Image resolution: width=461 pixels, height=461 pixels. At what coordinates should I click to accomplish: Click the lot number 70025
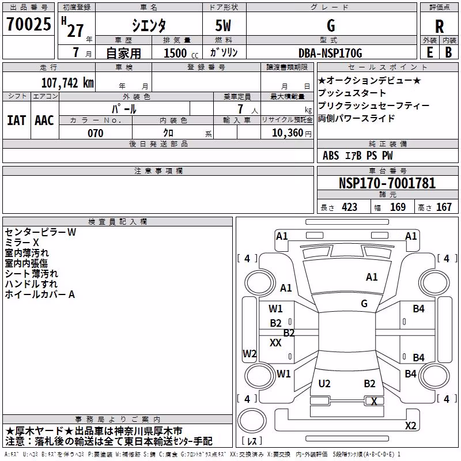[x=28, y=24]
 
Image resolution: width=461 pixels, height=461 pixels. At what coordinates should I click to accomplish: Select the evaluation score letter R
[x=439, y=27]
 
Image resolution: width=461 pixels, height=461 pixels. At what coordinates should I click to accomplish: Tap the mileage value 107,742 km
[x=67, y=83]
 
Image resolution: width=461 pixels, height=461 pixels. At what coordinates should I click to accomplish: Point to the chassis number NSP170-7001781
[x=387, y=183]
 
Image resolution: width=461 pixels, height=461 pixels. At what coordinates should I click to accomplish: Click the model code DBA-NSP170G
[x=330, y=53]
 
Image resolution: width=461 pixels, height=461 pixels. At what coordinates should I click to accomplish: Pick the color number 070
[x=96, y=133]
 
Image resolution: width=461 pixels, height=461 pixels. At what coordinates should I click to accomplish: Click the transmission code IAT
[x=16, y=120]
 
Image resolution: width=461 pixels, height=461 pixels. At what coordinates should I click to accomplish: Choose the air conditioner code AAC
[x=44, y=120]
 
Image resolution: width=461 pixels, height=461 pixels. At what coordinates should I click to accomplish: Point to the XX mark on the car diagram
[x=275, y=342]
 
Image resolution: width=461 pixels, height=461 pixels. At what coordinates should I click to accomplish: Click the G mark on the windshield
[x=364, y=303]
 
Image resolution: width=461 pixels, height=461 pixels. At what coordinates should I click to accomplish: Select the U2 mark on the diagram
[x=324, y=383]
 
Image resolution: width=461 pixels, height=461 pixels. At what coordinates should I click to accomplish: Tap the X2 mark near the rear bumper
[x=410, y=425]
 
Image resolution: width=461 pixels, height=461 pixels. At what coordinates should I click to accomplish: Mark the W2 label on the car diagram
[x=250, y=353]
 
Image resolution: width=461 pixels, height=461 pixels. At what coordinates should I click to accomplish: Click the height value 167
[x=444, y=207]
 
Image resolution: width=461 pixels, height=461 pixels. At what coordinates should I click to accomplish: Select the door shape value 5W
[x=223, y=25]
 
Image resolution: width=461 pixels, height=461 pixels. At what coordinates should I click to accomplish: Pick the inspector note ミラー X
[x=22, y=243]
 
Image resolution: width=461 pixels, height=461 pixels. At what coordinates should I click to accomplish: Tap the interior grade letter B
[x=448, y=52]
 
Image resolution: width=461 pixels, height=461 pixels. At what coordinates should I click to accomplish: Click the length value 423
[x=350, y=207]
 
